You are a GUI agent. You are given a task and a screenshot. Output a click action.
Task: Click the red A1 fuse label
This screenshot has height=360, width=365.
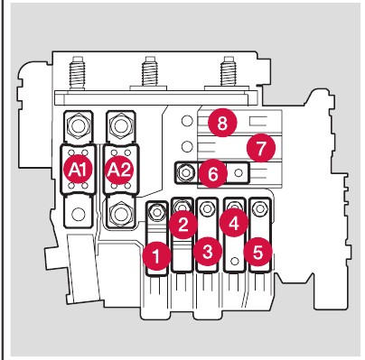tap(78, 170)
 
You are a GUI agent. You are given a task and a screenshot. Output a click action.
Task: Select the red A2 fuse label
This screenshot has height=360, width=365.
tap(119, 170)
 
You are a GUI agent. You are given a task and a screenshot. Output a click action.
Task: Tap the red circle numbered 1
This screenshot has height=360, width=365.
tap(156, 256)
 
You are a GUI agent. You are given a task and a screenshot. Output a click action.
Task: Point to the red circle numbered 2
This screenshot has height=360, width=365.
tap(182, 225)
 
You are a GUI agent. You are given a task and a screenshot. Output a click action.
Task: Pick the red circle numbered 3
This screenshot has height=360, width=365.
tap(208, 252)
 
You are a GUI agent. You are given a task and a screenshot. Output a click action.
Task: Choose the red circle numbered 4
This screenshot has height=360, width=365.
tap(234, 224)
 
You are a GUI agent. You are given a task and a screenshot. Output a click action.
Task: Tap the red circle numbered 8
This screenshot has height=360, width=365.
tap(222, 123)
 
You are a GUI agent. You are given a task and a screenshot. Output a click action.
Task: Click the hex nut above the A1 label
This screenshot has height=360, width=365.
tap(79, 125)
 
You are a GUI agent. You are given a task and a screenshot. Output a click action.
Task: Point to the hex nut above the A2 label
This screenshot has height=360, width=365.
tap(121, 125)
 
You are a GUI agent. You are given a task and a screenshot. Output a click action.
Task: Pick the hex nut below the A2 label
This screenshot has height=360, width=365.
tap(121, 214)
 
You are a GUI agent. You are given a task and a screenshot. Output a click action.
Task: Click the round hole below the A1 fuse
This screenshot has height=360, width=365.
tap(79, 214)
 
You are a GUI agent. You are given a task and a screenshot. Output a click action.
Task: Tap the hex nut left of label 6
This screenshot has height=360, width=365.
tap(186, 172)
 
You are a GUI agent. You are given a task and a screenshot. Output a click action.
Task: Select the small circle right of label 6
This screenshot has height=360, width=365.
tap(239, 172)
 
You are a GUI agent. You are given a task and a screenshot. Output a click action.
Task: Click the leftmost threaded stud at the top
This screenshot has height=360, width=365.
tap(78, 72)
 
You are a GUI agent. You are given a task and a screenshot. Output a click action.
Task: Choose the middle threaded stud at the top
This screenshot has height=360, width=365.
tap(150, 71)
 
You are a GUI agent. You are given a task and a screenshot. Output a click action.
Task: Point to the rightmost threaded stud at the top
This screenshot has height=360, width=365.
tap(228, 71)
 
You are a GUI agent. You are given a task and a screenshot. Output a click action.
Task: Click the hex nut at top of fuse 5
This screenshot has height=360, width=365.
tap(260, 208)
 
